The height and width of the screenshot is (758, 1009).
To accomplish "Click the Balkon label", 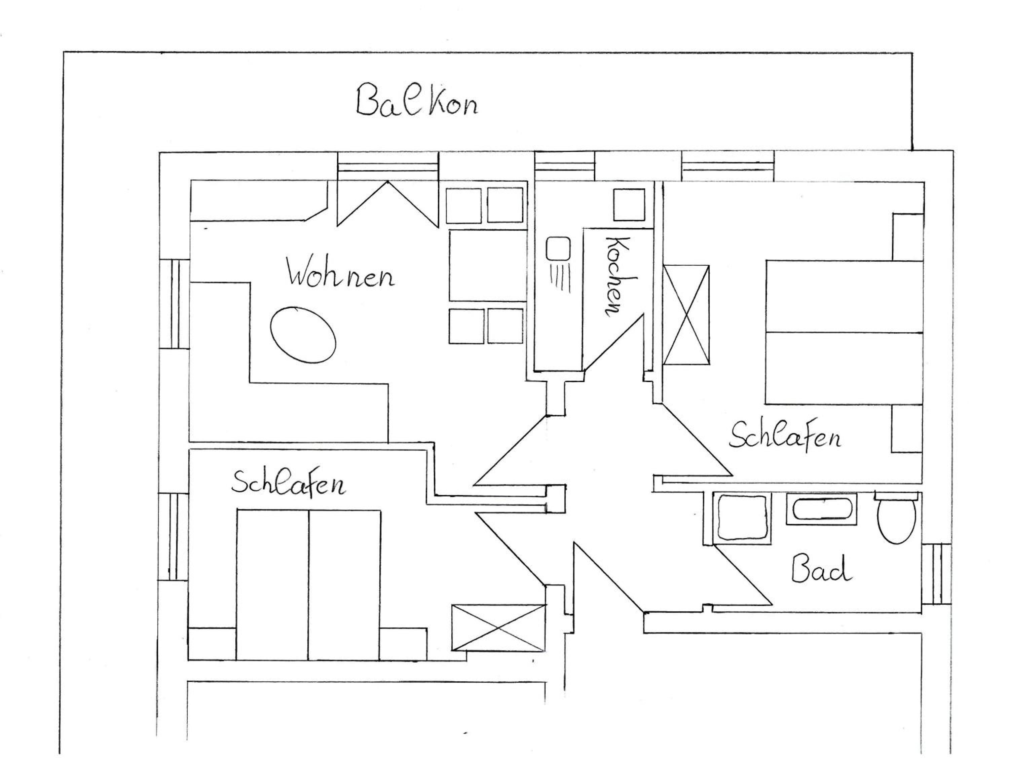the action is coord(417,100).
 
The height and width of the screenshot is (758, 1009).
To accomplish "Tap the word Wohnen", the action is coord(340,273).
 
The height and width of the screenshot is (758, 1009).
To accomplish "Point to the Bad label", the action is coord(821,568).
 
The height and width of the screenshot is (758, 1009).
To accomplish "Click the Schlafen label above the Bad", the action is coord(785,436).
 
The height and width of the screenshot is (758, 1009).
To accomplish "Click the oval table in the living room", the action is coord(303,335).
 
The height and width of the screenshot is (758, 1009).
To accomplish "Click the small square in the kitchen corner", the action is coord(629,205).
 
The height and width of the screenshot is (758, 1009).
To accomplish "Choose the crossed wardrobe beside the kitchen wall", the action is coord(686,315).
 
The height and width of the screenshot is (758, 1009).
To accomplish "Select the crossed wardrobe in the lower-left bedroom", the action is coord(498,628).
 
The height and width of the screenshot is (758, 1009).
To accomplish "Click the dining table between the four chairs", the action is coord(488,265).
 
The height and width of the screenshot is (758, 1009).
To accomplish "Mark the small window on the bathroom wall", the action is coord(936,574).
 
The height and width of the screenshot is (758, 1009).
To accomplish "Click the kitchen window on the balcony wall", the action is coord(565,166).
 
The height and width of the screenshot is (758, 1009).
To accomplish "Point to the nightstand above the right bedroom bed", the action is coord(908,237).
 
